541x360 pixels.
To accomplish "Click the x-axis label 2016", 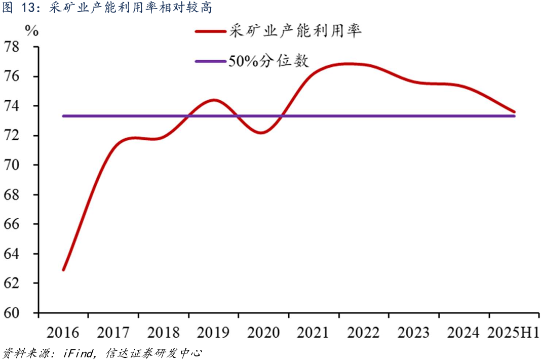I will pyautogui.click(x=63, y=333).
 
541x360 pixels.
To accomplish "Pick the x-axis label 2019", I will pyautogui.click(x=213, y=333).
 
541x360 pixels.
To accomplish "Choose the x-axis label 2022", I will pyautogui.click(x=364, y=333).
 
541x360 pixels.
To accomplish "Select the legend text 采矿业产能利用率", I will pyautogui.click(x=295, y=31).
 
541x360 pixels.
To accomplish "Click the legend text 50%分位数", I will pyautogui.click(x=268, y=61).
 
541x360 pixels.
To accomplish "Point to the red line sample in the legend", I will pyautogui.click(x=210, y=31).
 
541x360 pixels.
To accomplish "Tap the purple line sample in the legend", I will pyautogui.click(x=210, y=61).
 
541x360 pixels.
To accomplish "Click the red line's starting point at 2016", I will pyautogui.click(x=63, y=270).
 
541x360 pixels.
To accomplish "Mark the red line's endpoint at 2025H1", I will pyautogui.click(x=514, y=112).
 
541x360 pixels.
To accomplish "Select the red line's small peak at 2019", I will pyautogui.click(x=214, y=100).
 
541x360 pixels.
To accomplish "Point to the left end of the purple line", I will pyautogui.click(x=63, y=116).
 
